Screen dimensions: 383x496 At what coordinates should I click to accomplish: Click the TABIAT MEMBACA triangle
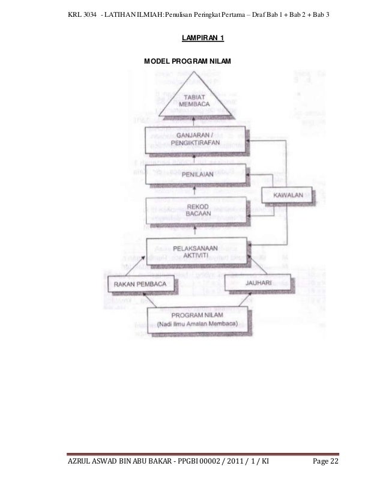[198, 98]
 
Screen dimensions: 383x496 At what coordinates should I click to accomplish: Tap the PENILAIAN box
[198, 174]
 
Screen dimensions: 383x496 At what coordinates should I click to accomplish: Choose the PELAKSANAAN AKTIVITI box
[198, 250]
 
